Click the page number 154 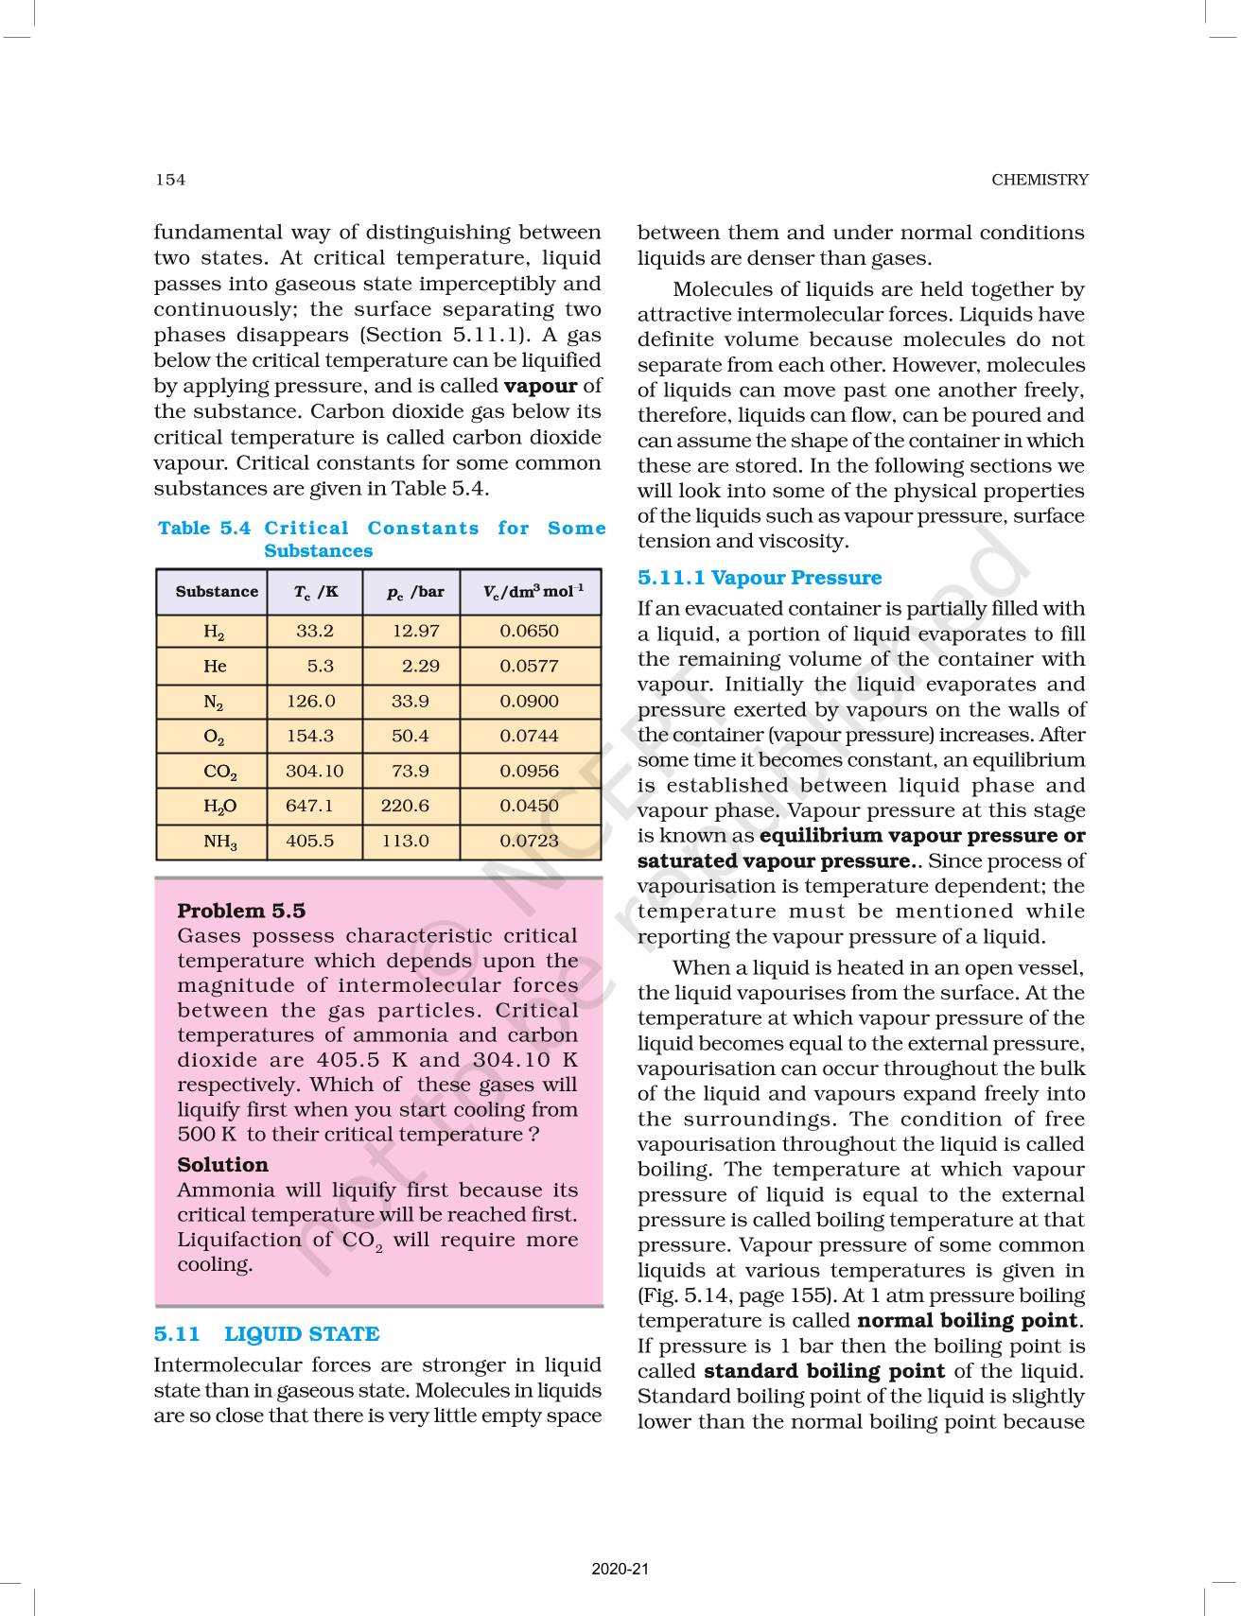[x=170, y=180]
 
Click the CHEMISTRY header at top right [x=1040, y=180]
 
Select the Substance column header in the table [x=217, y=592]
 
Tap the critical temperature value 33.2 [x=314, y=631]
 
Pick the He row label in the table [x=215, y=666]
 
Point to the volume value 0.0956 [x=529, y=771]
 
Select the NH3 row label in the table [x=219, y=842]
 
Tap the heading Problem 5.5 [x=241, y=911]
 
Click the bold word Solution [x=222, y=1164]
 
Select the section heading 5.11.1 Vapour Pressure [x=759, y=578]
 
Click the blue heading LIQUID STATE [x=301, y=1333]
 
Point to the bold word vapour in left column [x=540, y=386]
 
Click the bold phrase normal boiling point [x=967, y=1320]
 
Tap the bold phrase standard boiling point [x=824, y=1371]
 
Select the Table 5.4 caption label [x=204, y=529]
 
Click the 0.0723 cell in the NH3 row [x=529, y=841]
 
